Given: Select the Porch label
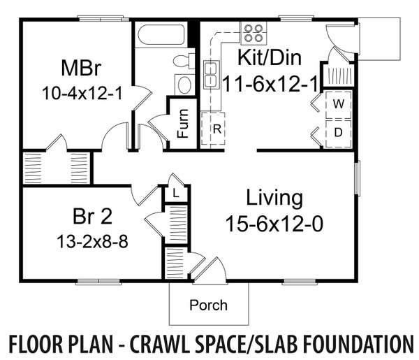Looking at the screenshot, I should coord(208,305).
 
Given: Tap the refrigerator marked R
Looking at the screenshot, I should coord(216,129).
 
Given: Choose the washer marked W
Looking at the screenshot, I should coord(337,104).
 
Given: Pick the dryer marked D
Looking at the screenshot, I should coord(337,131).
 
